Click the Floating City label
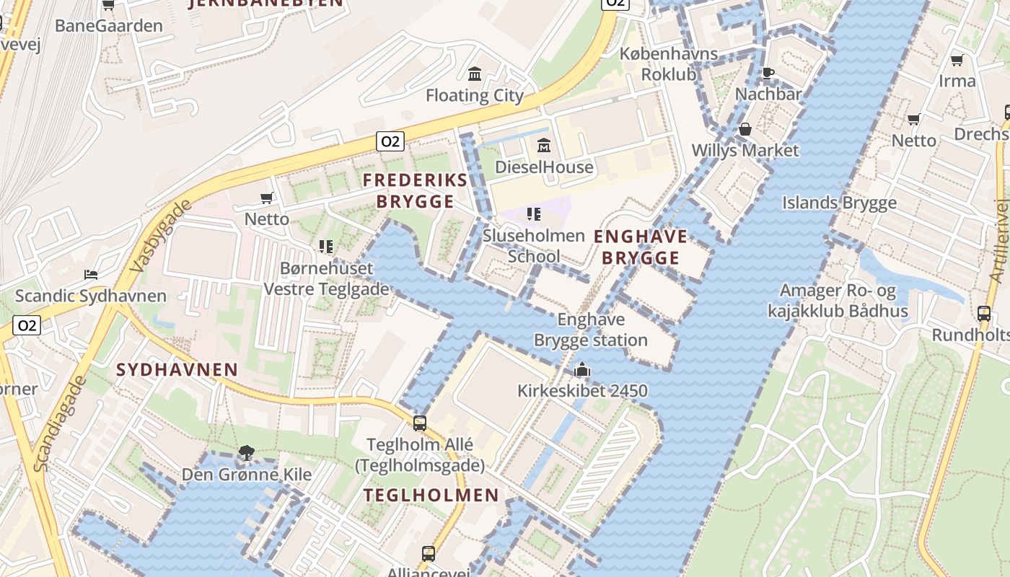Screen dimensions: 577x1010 (474, 95)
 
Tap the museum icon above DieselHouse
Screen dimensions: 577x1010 (544, 146)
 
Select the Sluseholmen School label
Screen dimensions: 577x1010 (533, 246)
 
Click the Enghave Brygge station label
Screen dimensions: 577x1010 (590, 330)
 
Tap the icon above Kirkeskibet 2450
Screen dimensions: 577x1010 (581, 371)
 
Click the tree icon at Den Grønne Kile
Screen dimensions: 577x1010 (246, 453)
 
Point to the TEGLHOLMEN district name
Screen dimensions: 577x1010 (431, 495)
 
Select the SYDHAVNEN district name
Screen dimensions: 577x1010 (177, 370)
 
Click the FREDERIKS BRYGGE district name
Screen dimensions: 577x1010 (415, 190)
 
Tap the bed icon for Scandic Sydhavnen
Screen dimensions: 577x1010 (91, 275)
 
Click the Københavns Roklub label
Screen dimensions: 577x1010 (669, 64)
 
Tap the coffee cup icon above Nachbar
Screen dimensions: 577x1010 (768, 73)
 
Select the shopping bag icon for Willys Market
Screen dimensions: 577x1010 (745, 129)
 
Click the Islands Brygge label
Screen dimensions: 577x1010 (839, 203)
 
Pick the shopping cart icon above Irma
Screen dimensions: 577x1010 (957, 60)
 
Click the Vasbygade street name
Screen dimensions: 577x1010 (162, 235)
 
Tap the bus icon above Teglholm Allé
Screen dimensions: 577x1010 (419, 423)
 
